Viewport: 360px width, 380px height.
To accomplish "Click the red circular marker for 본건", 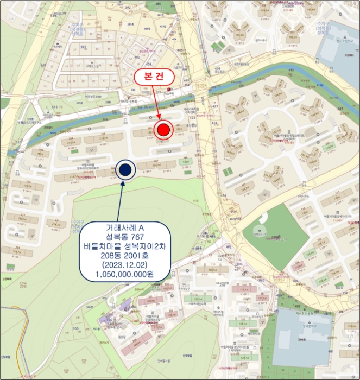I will tap(163, 130).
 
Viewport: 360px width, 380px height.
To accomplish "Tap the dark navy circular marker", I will tap(125, 170).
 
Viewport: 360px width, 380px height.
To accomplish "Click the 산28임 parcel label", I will tap(6, 357).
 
